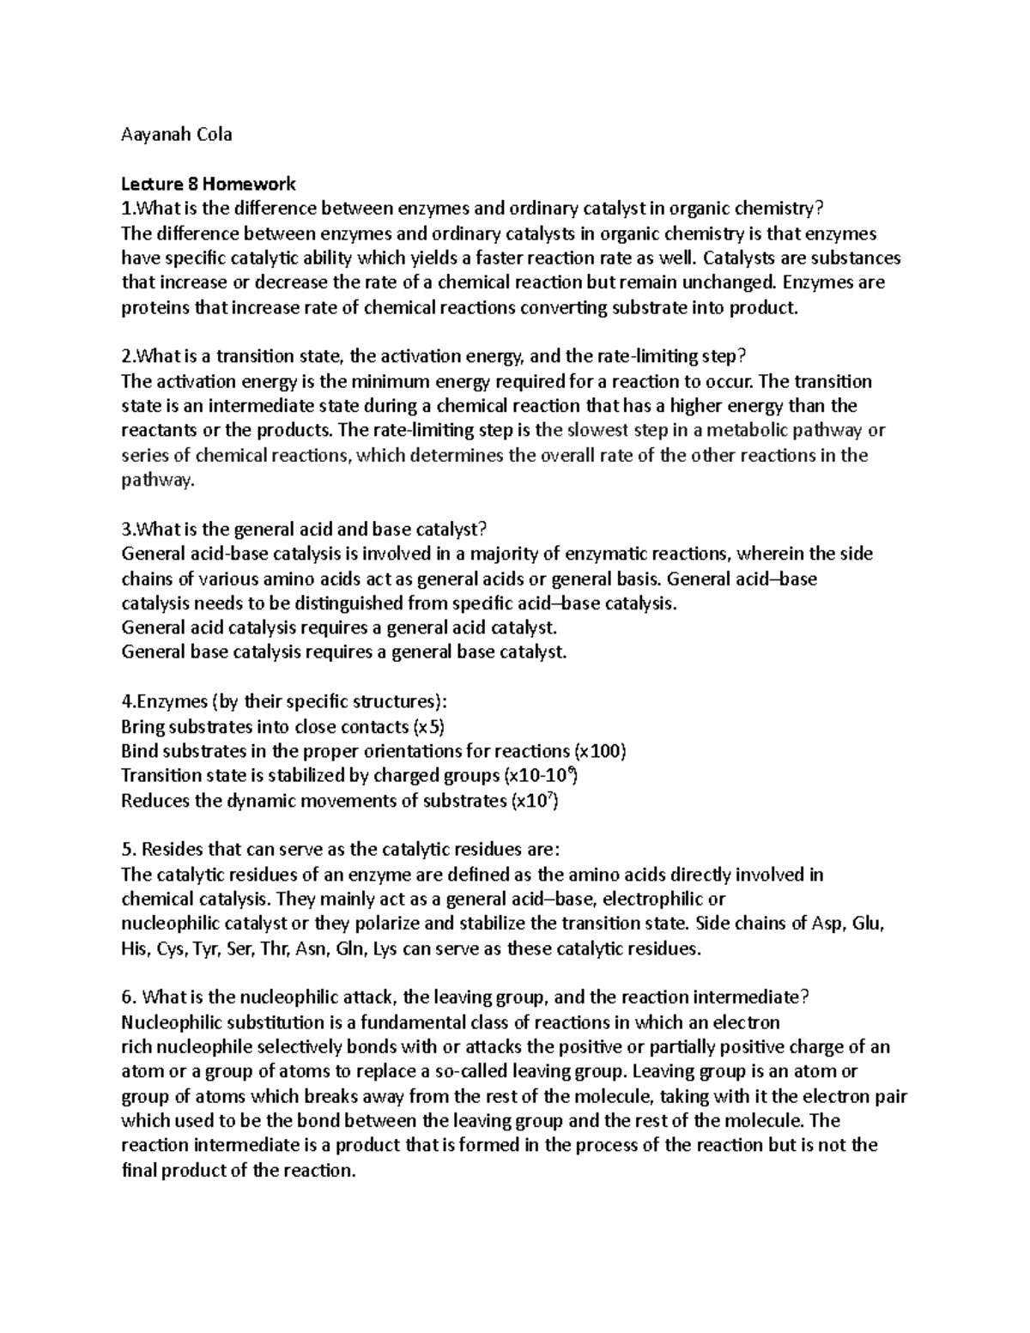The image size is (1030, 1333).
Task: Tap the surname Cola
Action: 212,135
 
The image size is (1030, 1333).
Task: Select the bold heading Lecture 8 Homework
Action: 209,184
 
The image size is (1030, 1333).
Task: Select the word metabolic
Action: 752,430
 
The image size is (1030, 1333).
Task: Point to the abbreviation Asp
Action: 827,924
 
